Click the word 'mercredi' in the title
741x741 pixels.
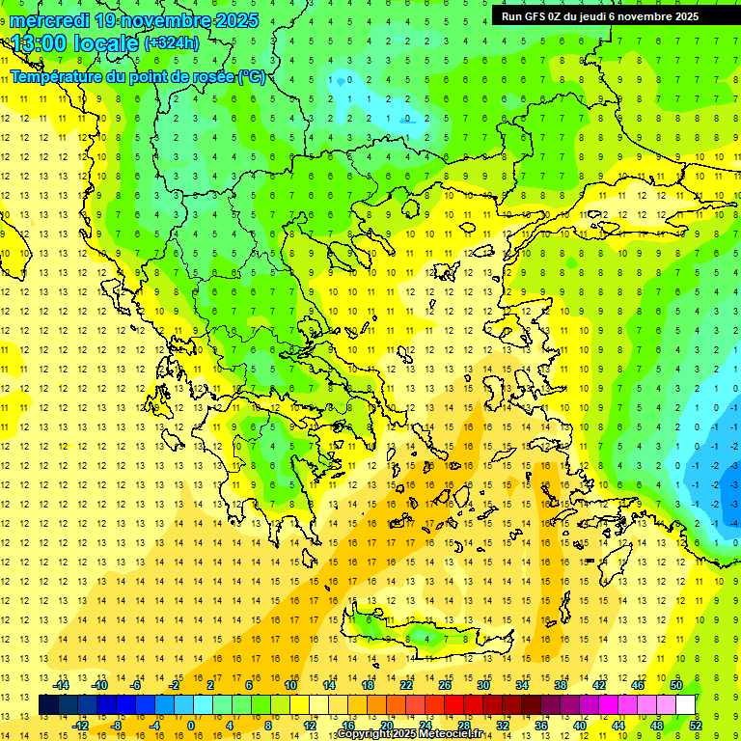[49, 20]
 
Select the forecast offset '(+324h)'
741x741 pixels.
[172, 42]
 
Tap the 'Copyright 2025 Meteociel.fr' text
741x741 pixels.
[410, 734]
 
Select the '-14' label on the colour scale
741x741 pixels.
[62, 685]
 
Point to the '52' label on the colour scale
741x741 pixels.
[696, 726]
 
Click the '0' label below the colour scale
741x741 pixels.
[191, 726]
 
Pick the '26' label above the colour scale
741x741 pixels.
[445, 685]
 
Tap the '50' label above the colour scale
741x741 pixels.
[676, 685]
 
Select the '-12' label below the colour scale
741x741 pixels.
[81, 726]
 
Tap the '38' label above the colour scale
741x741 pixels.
[561, 685]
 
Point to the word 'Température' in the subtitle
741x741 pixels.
[58, 76]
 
